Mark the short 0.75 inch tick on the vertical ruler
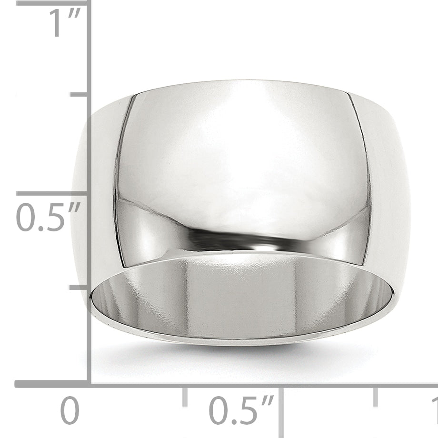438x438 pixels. click(79, 94)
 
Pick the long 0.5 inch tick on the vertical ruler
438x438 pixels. click(52, 193)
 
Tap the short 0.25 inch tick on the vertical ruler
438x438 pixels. click(79, 287)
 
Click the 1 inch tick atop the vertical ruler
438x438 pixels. click(52, 3)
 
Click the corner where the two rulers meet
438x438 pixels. click(89, 384)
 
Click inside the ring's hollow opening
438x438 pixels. click(243, 295)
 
